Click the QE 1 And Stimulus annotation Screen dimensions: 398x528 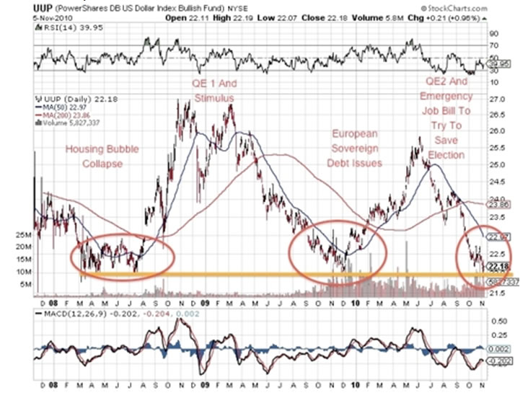pyautogui.click(x=214, y=90)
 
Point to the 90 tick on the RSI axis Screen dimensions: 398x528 pyautogui.click(x=495, y=33)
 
